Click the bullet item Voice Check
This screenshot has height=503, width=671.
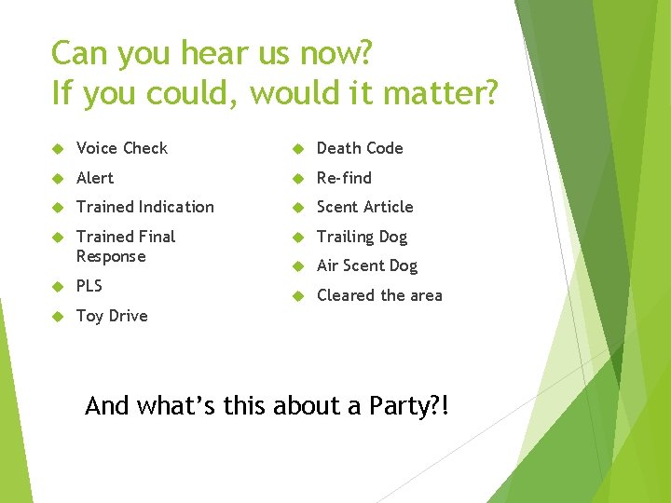pyautogui.click(x=121, y=148)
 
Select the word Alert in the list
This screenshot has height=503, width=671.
pyautogui.click(x=94, y=178)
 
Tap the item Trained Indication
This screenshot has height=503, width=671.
pyautogui.click(x=144, y=207)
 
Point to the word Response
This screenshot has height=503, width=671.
pyautogui.click(x=111, y=256)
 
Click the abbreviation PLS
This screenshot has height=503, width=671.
pyautogui.click(x=89, y=286)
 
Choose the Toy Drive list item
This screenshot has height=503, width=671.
pyautogui.click(x=112, y=316)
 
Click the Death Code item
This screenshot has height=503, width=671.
pyautogui.click(x=360, y=148)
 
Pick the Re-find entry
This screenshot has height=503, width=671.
pyautogui.click(x=344, y=178)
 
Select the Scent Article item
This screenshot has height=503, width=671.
pyautogui.click(x=364, y=207)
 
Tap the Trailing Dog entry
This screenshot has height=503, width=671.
pyautogui.click(x=362, y=237)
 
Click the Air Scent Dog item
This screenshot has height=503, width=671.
pyautogui.click(x=366, y=266)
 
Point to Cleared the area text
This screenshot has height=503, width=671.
pyautogui.click(x=379, y=295)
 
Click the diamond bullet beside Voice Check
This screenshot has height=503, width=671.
pyautogui.click(x=57, y=149)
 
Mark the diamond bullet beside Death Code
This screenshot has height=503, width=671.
pyautogui.click(x=297, y=149)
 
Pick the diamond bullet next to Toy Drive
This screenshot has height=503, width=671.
pyautogui.click(x=57, y=317)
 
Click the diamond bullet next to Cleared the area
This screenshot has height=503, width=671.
pyautogui.click(x=297, y=296)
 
